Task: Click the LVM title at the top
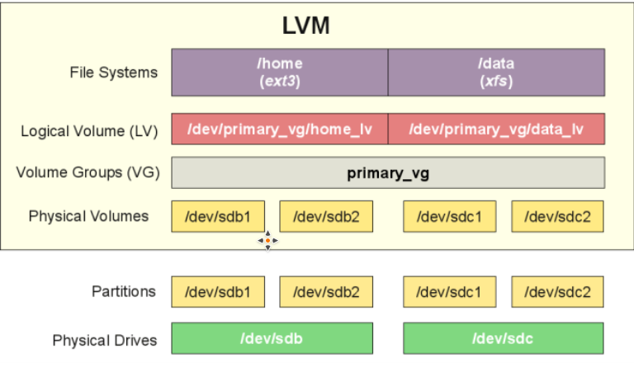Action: click(305, 26)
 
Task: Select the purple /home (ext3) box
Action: click(280, 73)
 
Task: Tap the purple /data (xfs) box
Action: click(496, 73)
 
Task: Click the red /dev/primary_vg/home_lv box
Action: click(280, 129)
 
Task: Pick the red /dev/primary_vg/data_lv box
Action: click(496, 129)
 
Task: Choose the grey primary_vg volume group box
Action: click(388, 173)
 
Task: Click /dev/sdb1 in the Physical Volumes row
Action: click(218, 216)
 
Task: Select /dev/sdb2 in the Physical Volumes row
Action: click(326, 216)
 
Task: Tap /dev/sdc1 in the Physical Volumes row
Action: click(450, 216)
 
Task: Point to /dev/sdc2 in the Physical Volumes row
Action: click(557, 216)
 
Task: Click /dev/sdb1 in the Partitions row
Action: click(218, 291)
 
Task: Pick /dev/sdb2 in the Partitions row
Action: click(326, 291)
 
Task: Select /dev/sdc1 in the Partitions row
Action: click(450, 291)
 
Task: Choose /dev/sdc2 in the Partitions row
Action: click(557, 291)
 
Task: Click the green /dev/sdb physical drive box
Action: click(272, 338)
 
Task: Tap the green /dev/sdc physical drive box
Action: click(504, 338)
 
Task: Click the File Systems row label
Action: click(114, 73)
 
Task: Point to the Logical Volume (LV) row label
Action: click(89, 131)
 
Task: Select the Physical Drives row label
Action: click(105, 341)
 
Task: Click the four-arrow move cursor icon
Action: click(267, 241)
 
